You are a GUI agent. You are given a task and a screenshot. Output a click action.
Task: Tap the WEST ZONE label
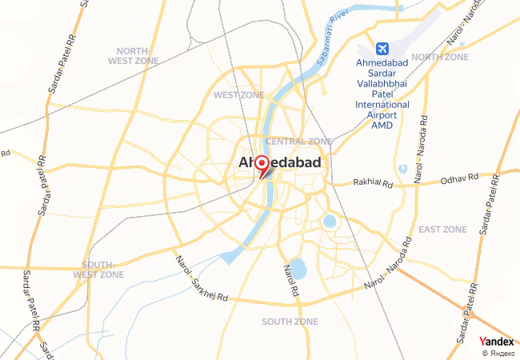238,95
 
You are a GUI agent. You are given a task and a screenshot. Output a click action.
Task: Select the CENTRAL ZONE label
298,142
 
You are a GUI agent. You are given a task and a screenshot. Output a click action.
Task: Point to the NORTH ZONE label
439,57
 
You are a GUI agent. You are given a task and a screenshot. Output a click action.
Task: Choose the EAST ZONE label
442,230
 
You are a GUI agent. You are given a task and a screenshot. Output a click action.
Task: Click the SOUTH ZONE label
290,322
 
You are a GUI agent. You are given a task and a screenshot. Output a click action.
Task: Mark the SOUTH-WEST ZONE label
103,270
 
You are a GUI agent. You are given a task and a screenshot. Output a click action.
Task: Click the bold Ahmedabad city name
281,163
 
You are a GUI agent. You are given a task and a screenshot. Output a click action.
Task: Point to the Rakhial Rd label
374,183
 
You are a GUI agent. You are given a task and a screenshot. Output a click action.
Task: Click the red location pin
261,166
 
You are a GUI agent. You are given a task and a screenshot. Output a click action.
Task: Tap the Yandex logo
497,342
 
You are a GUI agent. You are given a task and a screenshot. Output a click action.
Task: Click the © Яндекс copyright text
498,353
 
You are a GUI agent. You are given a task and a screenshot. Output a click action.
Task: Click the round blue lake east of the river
329,220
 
